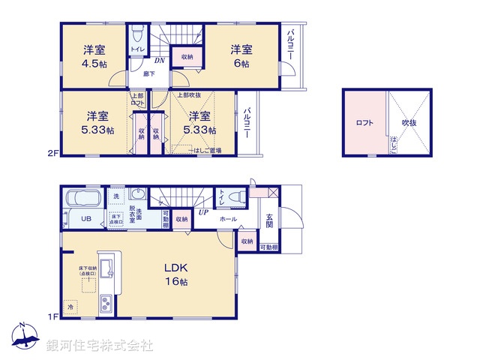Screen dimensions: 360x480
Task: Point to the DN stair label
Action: click(159, 61)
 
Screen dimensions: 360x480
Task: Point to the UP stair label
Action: click(202, 212)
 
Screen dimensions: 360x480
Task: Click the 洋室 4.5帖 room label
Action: click(94, 56)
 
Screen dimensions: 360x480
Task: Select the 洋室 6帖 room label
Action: click(241, 56)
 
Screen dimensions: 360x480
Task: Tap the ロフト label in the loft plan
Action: click(364, 122)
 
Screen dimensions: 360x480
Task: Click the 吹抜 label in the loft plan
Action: click(409, 122)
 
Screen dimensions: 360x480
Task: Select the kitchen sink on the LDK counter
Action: click(106, 267)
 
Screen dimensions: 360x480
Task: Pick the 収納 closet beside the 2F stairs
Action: click(184, 57)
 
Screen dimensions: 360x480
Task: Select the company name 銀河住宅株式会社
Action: click(100, 346)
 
